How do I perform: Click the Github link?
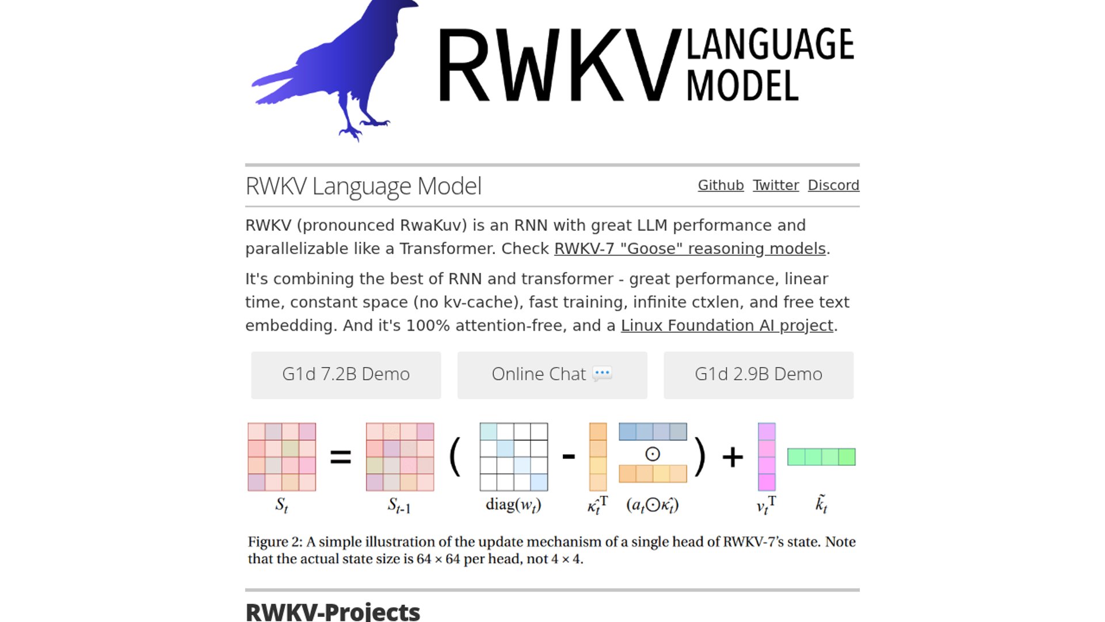721,185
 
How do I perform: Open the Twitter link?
775,185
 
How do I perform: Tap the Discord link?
833,185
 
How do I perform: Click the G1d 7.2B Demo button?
346,375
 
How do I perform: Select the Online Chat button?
552,375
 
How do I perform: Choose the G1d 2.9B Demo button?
759,375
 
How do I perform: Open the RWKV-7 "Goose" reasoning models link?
689,249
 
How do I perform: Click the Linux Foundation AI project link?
727,326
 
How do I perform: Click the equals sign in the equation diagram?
340,457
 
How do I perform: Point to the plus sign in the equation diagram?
733,457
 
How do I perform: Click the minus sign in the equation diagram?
569,457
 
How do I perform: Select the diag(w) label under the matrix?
513,505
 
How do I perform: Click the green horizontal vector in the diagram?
821,457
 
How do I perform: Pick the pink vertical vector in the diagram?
767,457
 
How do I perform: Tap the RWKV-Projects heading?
333,612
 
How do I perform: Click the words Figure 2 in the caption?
275,542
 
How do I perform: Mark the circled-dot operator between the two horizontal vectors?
653,454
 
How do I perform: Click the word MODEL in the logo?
742,86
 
